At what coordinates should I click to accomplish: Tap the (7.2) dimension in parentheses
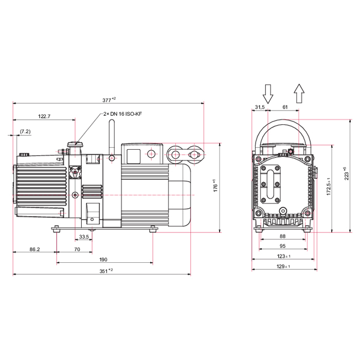(25, 132)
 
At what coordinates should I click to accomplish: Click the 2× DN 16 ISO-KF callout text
(122, 113)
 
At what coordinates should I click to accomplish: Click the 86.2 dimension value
(35, 249)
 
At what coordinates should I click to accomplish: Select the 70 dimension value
(77, 249)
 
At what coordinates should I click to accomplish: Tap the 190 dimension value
(103, 260)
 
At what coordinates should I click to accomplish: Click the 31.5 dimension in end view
(259, 107)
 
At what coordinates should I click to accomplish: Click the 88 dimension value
(282, 236)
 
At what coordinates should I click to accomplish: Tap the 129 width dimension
(283, 266)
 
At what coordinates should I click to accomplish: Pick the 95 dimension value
(282, 246)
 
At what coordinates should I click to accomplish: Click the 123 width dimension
(283, 256)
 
